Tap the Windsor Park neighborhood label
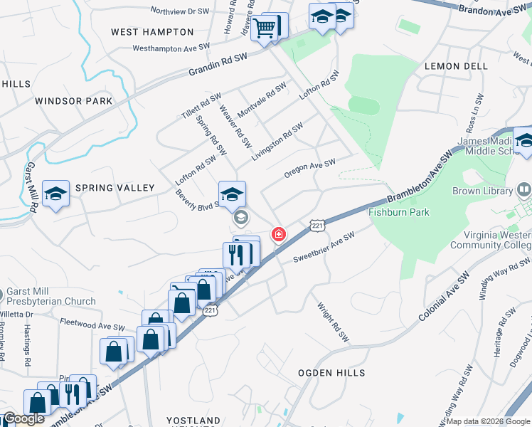point(74,101)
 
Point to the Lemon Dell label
point(456,65)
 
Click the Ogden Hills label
point(331,373)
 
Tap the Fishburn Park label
point(399,212)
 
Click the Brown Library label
point(482,191)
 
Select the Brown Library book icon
point(524,190)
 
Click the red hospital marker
point(278,234)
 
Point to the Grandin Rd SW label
point(218,64)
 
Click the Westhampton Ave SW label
point(171,48)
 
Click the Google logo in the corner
point(23,418)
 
